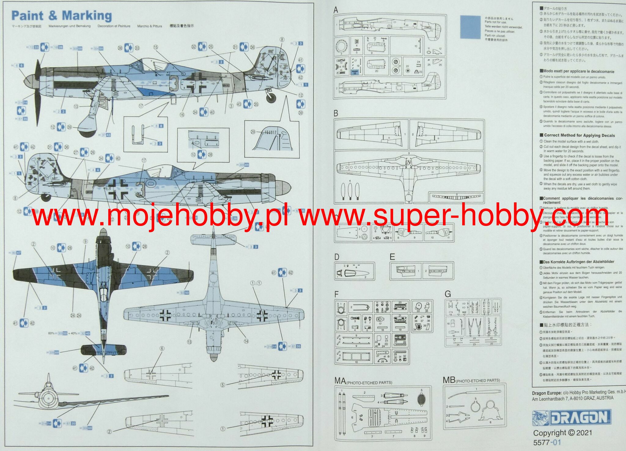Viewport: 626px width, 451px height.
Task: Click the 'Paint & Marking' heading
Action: (61, 16)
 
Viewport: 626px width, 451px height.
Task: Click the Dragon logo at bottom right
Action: (572, 418)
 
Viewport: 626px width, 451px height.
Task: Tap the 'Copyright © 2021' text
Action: (562, 433)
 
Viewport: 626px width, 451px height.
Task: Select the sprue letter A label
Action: (336, 10)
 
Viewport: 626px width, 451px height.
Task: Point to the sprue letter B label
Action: (336, 113)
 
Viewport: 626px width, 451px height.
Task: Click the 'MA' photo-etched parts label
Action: (340, 381)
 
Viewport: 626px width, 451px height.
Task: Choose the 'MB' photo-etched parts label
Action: (449, 380)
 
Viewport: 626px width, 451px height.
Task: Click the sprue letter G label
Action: (448, 294)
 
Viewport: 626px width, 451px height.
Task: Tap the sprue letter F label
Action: (337, 295)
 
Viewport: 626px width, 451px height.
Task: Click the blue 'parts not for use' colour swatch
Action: (470, 27)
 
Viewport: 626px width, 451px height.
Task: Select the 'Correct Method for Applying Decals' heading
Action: (579, 135)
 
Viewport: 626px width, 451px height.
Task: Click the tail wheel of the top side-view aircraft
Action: (271, 98)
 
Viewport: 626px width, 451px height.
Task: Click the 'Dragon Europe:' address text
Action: (546, 393)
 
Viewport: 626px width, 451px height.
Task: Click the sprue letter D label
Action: (337, 257)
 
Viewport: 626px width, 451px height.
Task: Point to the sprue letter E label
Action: (392, 257)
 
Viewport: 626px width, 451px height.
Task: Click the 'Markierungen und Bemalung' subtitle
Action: (69, 26)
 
